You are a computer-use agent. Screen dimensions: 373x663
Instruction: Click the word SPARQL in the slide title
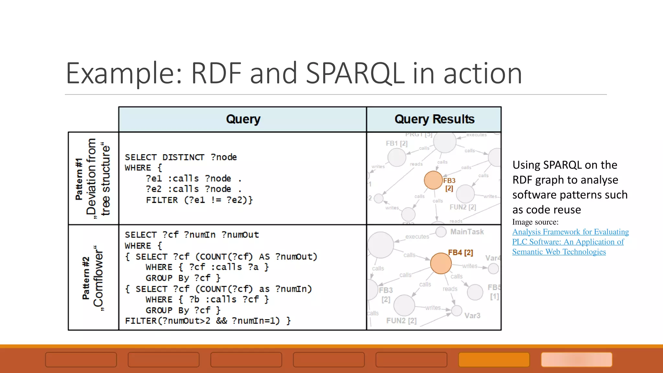pos(355,73)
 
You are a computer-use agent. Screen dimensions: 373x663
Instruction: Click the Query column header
pos(243,119)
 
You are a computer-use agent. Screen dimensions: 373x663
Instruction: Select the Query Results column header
pos(434,119)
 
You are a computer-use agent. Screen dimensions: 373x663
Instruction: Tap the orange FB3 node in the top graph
pos(433,180)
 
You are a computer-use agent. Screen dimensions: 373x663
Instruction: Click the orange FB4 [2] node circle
pos(441,263)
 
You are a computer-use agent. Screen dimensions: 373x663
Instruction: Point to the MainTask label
pos(467,232)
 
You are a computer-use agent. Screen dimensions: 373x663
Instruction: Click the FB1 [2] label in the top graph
pos(397,143)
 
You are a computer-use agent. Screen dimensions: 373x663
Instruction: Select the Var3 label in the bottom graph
pos(472,316)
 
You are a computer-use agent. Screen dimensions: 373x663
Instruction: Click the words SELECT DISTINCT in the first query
pos(164,157)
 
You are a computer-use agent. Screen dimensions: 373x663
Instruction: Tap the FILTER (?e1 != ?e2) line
pos(199,200)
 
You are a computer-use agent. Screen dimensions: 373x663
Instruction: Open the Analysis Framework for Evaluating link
pos(570,232)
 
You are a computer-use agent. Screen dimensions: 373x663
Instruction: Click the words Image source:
pos(535,222)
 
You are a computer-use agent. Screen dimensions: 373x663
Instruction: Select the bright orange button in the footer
pos(494,359)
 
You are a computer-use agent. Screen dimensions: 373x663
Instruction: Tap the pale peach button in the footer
pos(577,359)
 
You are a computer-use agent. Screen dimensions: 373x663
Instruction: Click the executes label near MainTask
pos(417,237)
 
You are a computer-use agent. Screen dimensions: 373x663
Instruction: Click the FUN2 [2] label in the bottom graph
pos(401,321)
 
